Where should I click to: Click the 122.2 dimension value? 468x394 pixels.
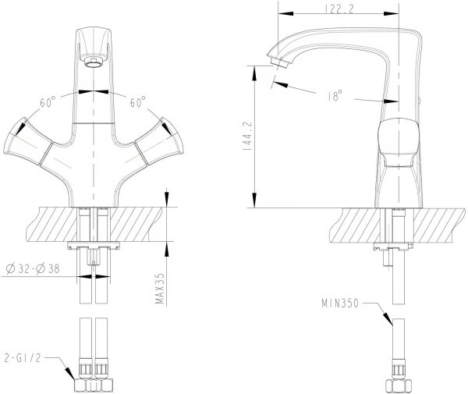(339, 9)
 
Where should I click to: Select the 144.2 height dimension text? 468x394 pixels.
(248, 136)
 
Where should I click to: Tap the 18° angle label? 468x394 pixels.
(335, 96)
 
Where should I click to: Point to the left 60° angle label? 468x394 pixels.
(48, 102)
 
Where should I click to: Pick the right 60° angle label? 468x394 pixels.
(137, 102)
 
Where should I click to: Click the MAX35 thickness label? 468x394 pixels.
(160, 289)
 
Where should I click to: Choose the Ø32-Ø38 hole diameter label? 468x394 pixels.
(33, 269)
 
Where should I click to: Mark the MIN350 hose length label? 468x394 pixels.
(339, 303)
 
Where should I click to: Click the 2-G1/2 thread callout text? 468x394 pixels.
(23, 357)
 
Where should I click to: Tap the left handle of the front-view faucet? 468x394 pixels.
(28, 141)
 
